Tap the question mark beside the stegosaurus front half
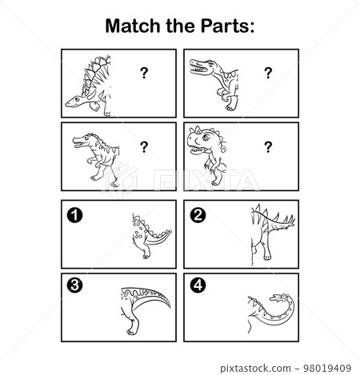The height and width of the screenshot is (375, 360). pos(144,74)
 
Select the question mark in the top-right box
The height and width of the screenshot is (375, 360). pos(268,74)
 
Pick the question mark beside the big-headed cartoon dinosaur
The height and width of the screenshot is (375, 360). pos(268,146)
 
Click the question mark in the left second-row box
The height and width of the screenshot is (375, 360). pos(144,146)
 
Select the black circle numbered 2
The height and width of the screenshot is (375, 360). pos(198,214)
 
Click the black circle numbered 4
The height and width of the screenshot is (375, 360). pos(198,283)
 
